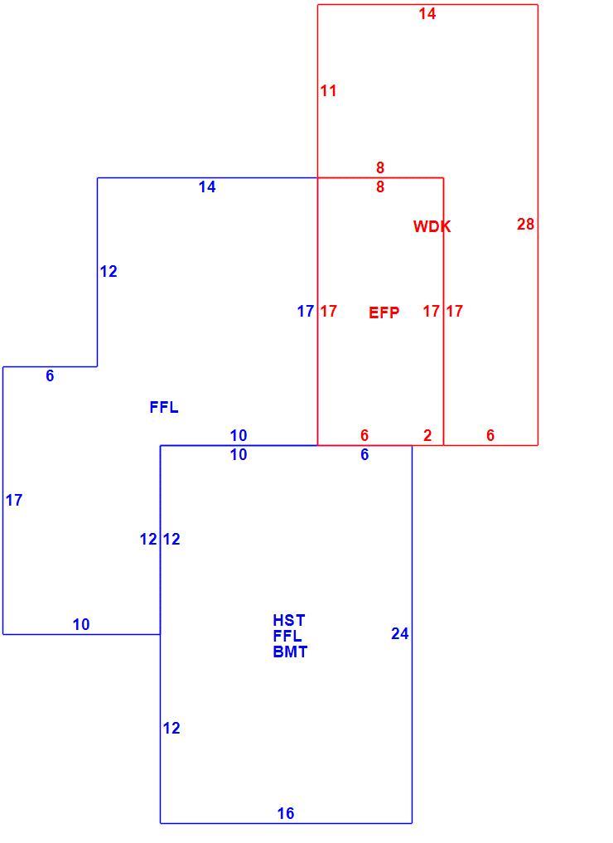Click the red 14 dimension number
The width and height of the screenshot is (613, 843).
coord(427,13)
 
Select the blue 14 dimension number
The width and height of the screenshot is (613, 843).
coord(207,187)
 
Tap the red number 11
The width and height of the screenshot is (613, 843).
coord(328,90)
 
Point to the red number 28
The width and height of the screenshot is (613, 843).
coord(525,224)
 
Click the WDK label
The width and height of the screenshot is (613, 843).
coord(432,226)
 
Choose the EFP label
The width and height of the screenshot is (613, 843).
coord(384,312)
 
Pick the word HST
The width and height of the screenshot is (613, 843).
coord(289,620)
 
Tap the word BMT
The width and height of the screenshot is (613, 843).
coord(290,652)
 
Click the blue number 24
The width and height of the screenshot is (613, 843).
coord(400,634)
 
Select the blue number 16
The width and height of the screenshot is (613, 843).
coord(286,813)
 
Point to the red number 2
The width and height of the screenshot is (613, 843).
coord(427,435)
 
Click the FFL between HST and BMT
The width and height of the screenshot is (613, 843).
coord(287,636)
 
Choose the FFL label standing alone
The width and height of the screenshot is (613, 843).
coord(164,407)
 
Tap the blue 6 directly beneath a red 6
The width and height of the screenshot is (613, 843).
coord(364,454)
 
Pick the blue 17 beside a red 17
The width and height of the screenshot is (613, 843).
coord(306,311)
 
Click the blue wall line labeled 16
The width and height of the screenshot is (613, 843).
coord(286,823)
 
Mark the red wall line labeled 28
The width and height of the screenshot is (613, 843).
coord(538,225)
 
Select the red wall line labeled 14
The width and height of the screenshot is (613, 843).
coord(427,4)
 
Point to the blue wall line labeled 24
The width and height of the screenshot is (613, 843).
coord(412,634)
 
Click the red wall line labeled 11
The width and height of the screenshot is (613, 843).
coord(317,91)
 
